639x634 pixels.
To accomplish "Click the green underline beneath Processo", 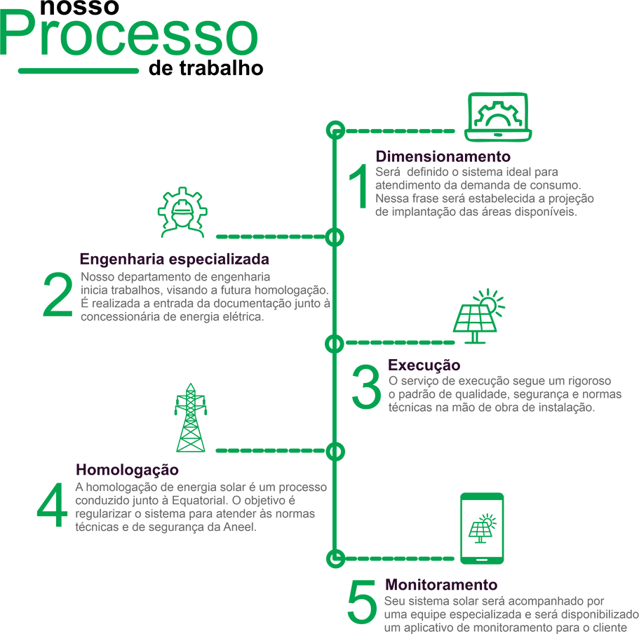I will (x=79, y=70).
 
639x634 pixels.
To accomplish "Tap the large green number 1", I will (x=359, y=187).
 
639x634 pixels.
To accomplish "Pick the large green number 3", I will (x=365, y=390).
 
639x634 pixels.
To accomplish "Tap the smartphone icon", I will (x=481, y=527).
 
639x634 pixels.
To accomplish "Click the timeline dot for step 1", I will (x=335, y=130).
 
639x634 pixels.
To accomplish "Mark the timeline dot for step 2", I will (x=335, y=237).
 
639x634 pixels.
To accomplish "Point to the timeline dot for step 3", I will (x=335, y=343).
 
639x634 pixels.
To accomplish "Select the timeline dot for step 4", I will (x=335, y=450).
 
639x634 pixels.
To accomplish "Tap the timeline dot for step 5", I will (x=335, y=558).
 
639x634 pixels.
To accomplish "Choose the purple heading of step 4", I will (x=127, y=468).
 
